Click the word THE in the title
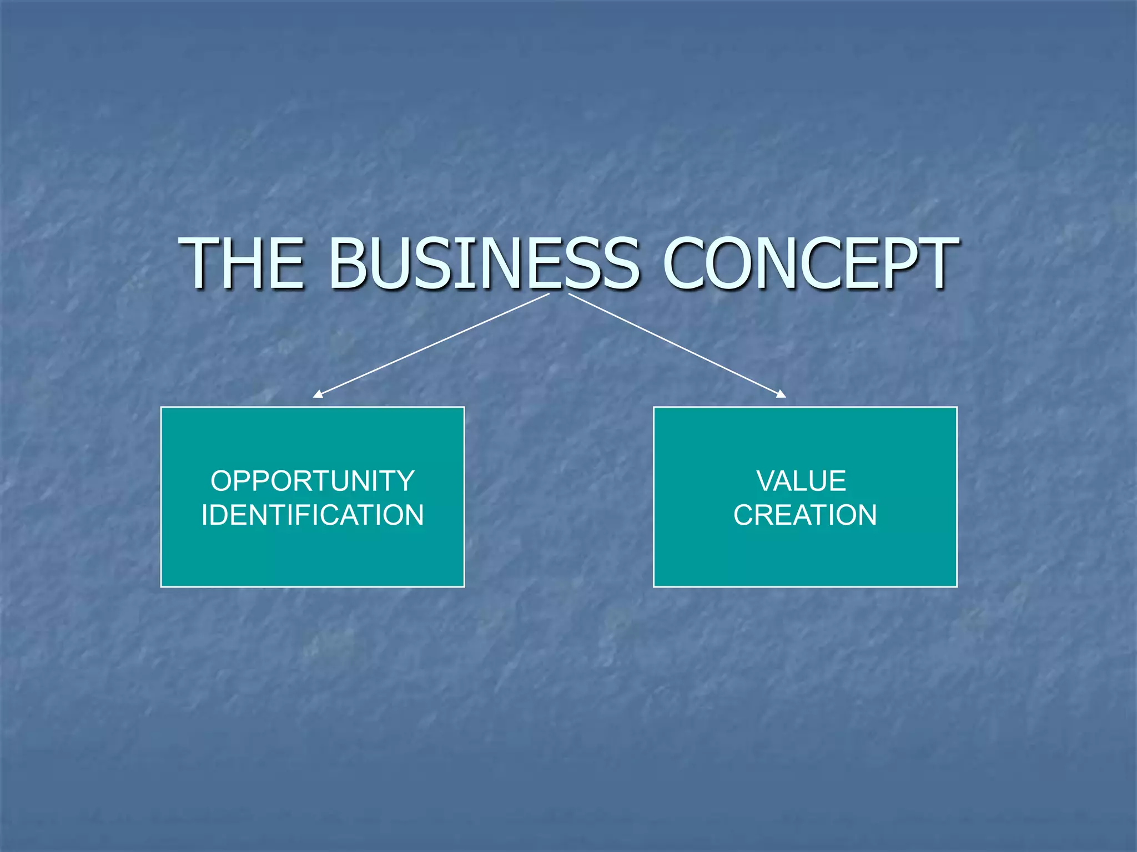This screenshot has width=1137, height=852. [245, 263]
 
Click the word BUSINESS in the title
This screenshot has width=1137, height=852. [484, 263]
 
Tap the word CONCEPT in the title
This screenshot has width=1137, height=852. [810, 263]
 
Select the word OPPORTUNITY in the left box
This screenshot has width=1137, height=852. [313, 481]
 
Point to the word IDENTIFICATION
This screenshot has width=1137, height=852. [313, 515]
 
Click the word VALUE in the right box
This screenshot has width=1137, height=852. [801, 481]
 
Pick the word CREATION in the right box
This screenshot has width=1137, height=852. [805, 515]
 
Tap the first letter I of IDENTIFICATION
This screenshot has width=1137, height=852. [204, 515]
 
